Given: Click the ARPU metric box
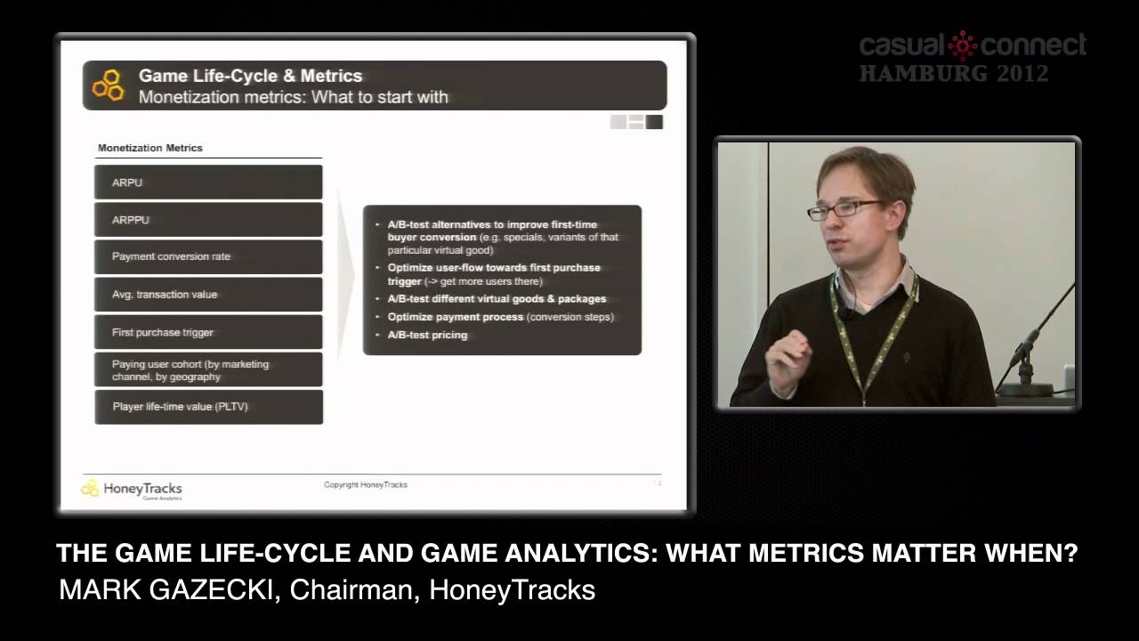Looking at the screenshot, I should click(208, 183).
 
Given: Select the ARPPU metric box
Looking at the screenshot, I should click(208, 220).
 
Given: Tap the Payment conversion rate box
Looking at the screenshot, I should click(208, 256).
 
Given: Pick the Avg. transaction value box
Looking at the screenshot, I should click(208, 295).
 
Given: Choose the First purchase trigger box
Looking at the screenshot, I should click(208, 332).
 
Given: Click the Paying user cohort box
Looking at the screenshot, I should click(208, 370).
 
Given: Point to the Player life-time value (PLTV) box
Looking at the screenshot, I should click(208, 407).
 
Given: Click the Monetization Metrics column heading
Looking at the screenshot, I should click(150, 148).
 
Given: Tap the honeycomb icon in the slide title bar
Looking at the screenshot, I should click(109, 85).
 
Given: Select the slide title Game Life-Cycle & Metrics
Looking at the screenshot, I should click(250, 77).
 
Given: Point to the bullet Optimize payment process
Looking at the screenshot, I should click(500, 317).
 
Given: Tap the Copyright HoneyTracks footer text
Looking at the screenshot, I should click(366, 485).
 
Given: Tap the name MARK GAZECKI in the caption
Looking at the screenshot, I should click(166, 589).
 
